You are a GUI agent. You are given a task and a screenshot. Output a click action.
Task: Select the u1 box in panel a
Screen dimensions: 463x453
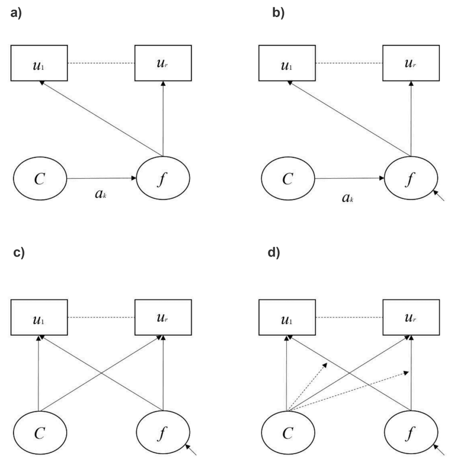point(39,63)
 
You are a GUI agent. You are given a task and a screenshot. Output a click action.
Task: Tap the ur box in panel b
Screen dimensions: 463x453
point(410,63)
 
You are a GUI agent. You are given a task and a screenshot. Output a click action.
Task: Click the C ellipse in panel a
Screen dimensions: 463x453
point(39,179)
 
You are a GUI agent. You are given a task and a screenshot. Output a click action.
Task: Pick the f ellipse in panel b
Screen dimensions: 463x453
point(411,179)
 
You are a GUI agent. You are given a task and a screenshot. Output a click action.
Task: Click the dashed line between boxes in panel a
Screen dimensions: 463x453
point(101,63)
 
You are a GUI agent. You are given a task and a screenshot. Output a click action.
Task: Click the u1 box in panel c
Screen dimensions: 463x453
point(39,318)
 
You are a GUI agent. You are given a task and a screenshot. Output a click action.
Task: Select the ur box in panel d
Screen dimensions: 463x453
point(410,318)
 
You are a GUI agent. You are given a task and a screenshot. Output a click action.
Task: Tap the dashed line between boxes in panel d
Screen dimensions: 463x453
point(350,318)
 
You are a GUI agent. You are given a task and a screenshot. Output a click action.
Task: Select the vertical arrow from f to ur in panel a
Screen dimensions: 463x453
point(163,117)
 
